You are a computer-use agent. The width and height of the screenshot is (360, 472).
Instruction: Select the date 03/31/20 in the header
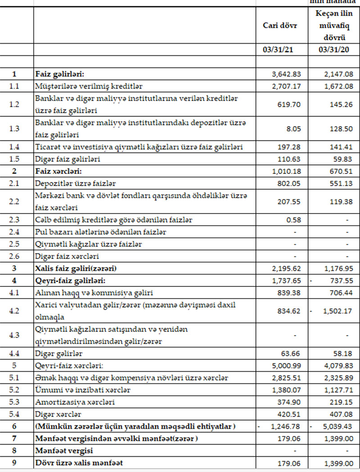click(333, 50)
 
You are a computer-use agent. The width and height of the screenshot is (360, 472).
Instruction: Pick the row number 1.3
click(14, 128)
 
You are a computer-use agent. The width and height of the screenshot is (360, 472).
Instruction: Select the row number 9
click(14, 463)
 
